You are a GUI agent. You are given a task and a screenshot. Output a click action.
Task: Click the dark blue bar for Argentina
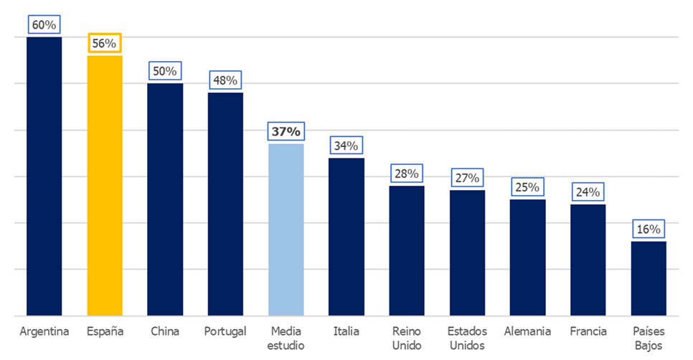coord(44,176)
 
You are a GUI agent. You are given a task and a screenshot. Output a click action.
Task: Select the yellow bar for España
coord(105,185)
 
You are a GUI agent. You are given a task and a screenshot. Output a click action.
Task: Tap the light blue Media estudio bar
coord(286,229)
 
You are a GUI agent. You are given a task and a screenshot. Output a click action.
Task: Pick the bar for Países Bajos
coord(649,278)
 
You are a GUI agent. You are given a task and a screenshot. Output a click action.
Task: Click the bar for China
coord(165,199)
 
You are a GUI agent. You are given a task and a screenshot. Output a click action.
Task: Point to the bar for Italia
coord(346,237)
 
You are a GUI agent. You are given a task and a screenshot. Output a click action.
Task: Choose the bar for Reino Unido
coord(407,250)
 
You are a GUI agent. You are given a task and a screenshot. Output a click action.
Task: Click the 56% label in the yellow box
coord(105,43)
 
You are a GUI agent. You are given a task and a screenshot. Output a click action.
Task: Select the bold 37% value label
coord(286,132)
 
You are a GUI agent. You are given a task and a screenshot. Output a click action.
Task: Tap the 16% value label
coord(649,229)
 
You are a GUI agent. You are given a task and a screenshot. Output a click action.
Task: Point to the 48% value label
coord(225,80)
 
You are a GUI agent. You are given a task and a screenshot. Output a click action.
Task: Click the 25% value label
coord(528,187)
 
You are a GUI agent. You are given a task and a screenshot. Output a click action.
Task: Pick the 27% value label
coord(468,178)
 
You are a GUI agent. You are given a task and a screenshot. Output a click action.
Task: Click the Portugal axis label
coord(225,331)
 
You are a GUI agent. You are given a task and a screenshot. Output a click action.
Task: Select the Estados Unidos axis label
coord(468,338)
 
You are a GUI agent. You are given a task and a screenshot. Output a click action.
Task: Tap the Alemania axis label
coord(528,331)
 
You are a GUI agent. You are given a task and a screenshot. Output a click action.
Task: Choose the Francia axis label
coord(588,331)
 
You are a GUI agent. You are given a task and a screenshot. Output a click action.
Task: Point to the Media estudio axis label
coord(286,338)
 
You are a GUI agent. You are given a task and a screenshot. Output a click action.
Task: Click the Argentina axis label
coord(44,331)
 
